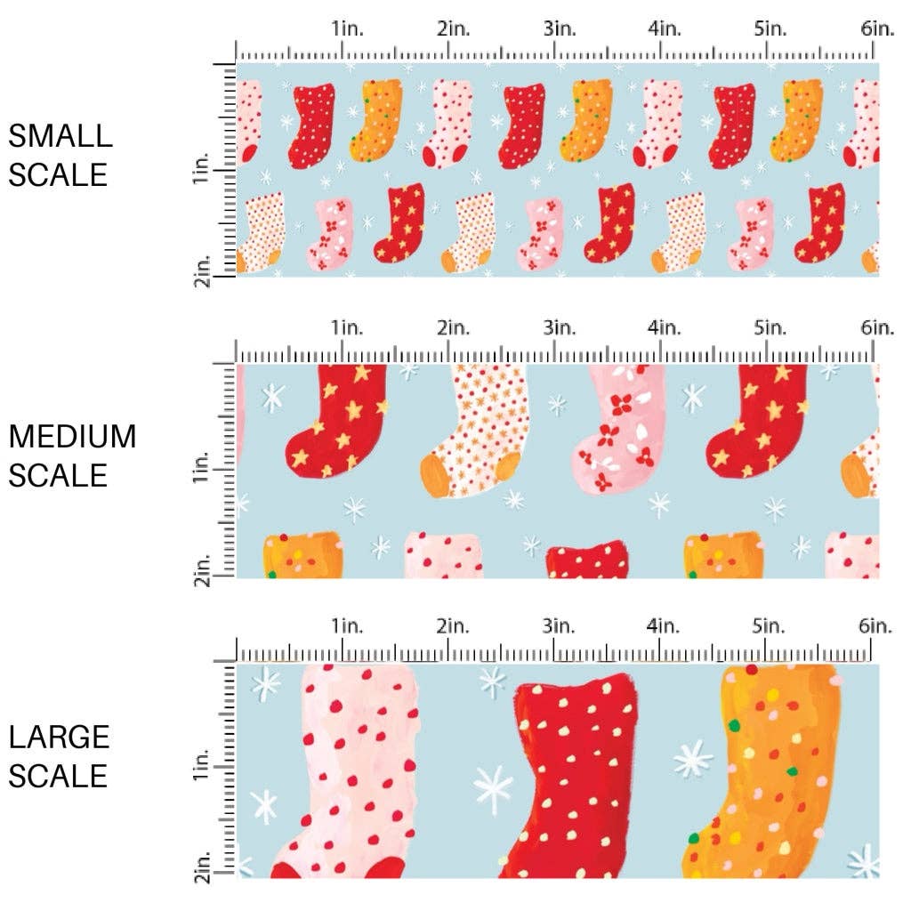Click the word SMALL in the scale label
pyautogui.click(x=60, y=136)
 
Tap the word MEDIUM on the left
pyautogui.click(x=73, y=437)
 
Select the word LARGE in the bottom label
pyautogui.click(x=60, y=737)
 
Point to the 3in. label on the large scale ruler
pyautogui.click(x=558, y=626)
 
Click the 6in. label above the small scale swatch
pyautogui.click(x=876, y=28)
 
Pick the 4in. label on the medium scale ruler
pyautogui.click(x=664, y=327)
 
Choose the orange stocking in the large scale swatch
pyautogui.click(x=770, y=774)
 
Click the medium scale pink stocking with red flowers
pyautogui.click(x=618, y=431)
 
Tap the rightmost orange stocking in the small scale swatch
pyautogui.click(x=799, y=121)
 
